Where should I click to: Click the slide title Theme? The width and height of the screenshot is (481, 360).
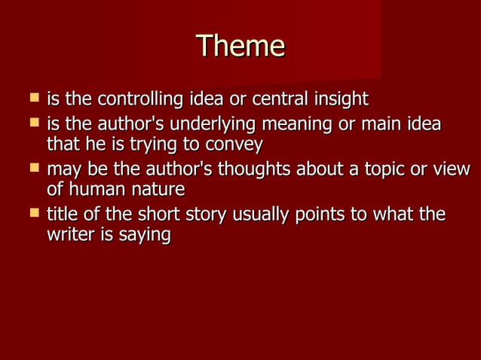coord(240,47)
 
